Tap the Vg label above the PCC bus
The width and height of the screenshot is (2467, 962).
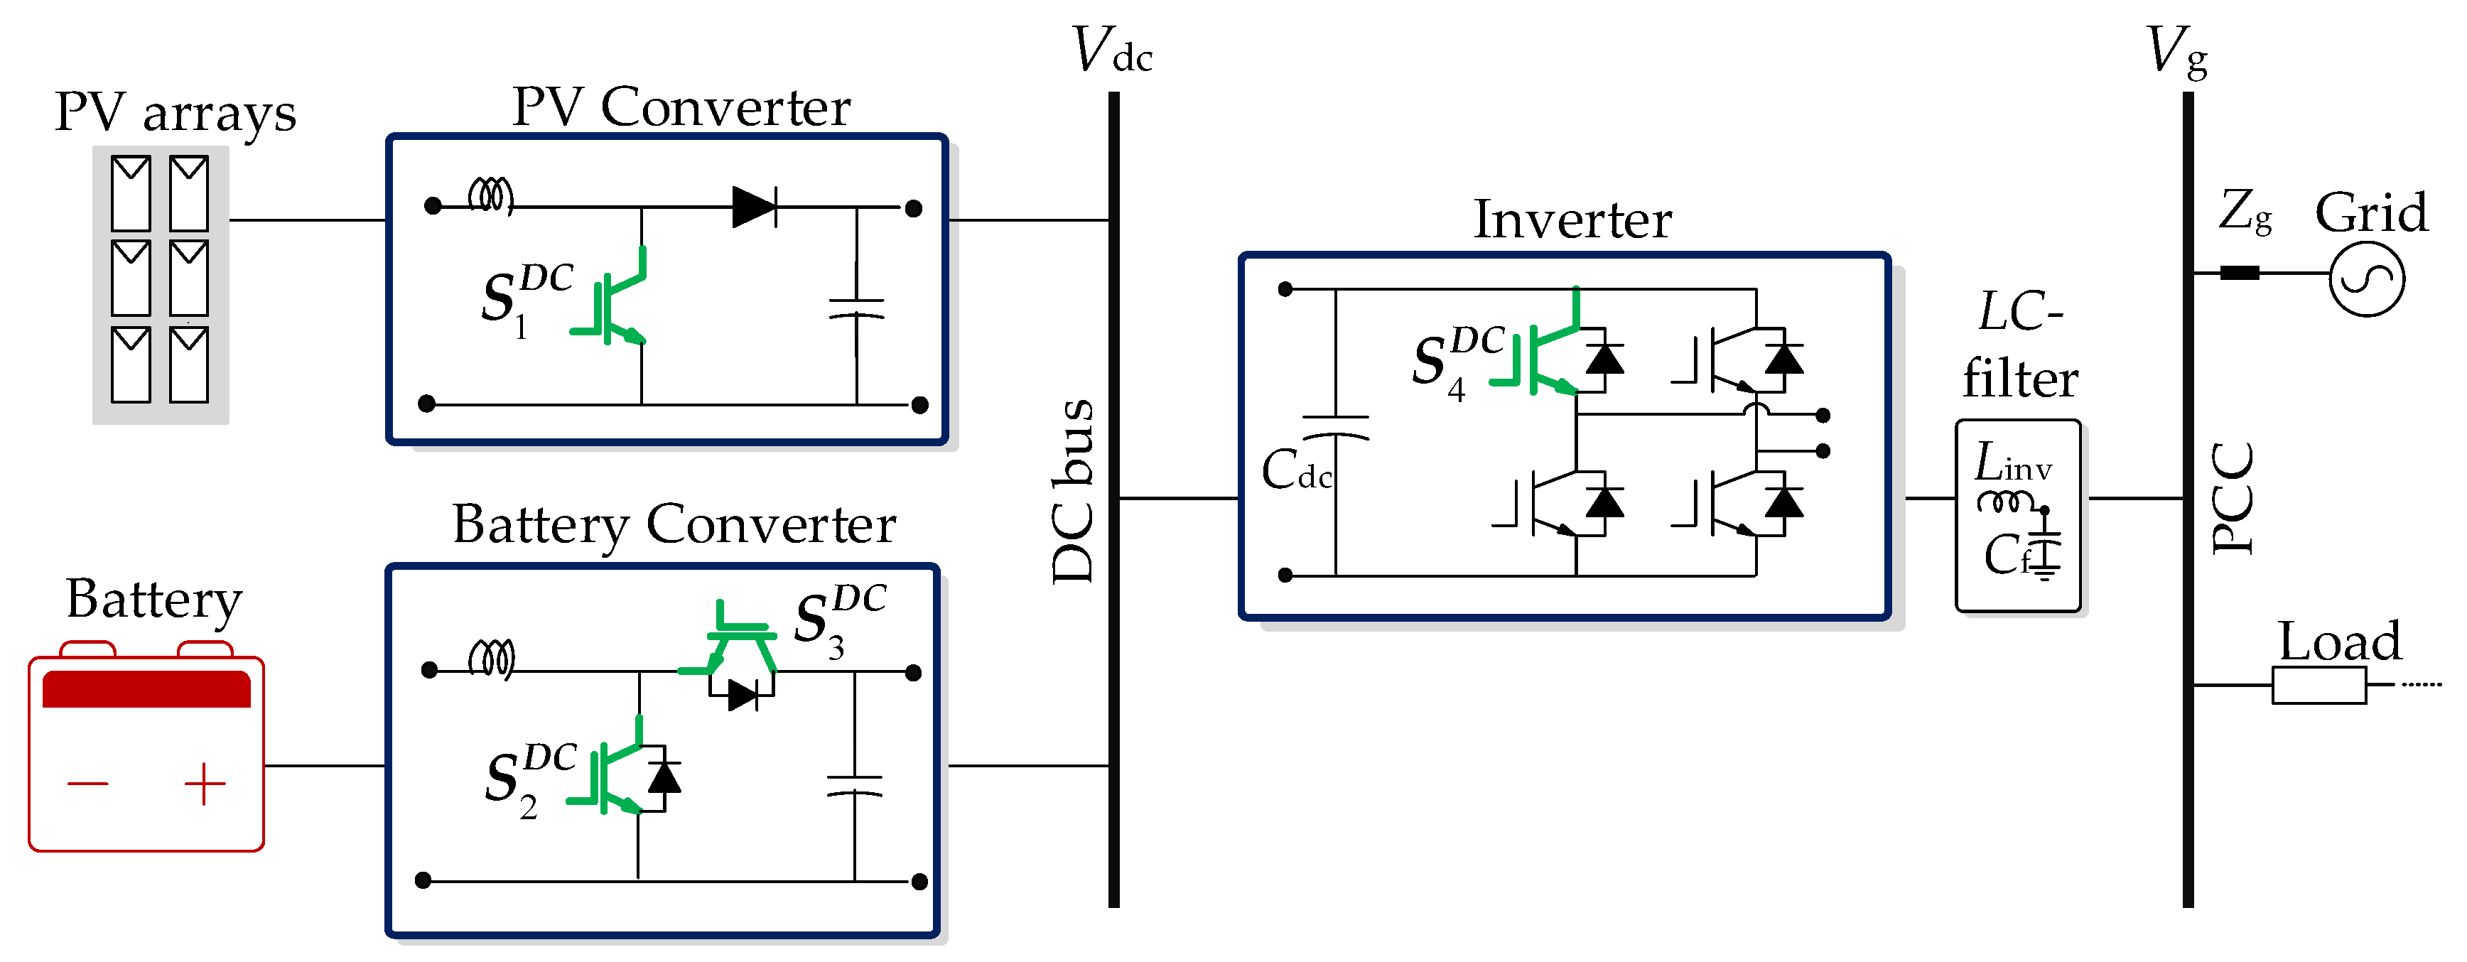pos(2176,52)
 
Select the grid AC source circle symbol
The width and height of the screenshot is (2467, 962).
pos(2366,279)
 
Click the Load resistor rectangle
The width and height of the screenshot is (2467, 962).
pos(2318,686)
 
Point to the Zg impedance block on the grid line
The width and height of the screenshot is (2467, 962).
pos(2239,273)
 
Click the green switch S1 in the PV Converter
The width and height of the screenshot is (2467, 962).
pos(614,301)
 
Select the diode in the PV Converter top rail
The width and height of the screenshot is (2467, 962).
pos(754,207)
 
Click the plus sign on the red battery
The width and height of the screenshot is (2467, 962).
pos(205,785)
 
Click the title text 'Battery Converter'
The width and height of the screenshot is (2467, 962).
pos(674,524)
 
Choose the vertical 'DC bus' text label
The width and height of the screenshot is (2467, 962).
pos(1073,491)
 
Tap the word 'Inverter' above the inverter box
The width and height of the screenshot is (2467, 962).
pos(1572,220)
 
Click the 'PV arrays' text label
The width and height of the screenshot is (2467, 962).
pos(176,113)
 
